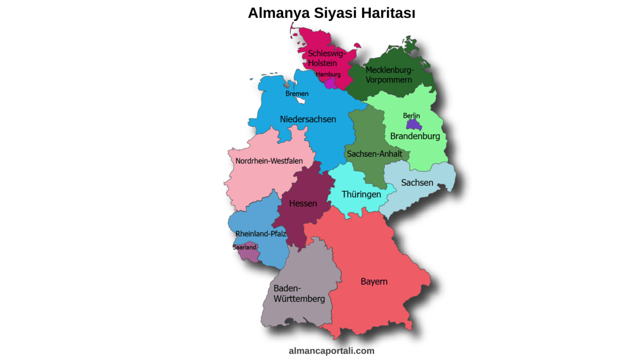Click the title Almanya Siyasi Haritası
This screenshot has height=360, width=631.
[332, 13]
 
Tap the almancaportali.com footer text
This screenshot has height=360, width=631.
[332, 351]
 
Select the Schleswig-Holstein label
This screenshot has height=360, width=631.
[327, 58]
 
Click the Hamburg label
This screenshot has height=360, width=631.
[328, 74]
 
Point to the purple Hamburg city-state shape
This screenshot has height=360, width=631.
[330, 83]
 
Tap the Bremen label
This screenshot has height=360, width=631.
[297, 94]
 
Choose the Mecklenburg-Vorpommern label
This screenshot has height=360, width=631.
[389, 75]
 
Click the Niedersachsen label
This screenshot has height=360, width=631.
[308, 119]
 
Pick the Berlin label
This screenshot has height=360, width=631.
[411, 115]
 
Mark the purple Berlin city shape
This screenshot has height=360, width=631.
[413, 124]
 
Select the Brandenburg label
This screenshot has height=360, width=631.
[415, 136]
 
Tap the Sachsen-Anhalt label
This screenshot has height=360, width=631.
[374, 154]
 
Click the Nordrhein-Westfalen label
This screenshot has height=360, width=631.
[269, 161]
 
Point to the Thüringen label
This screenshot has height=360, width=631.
[361, 194]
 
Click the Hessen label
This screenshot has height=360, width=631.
[303, 203]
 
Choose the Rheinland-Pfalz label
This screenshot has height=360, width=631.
[261, 234]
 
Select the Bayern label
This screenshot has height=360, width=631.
[374, 281]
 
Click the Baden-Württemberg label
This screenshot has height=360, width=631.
[299, 294]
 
